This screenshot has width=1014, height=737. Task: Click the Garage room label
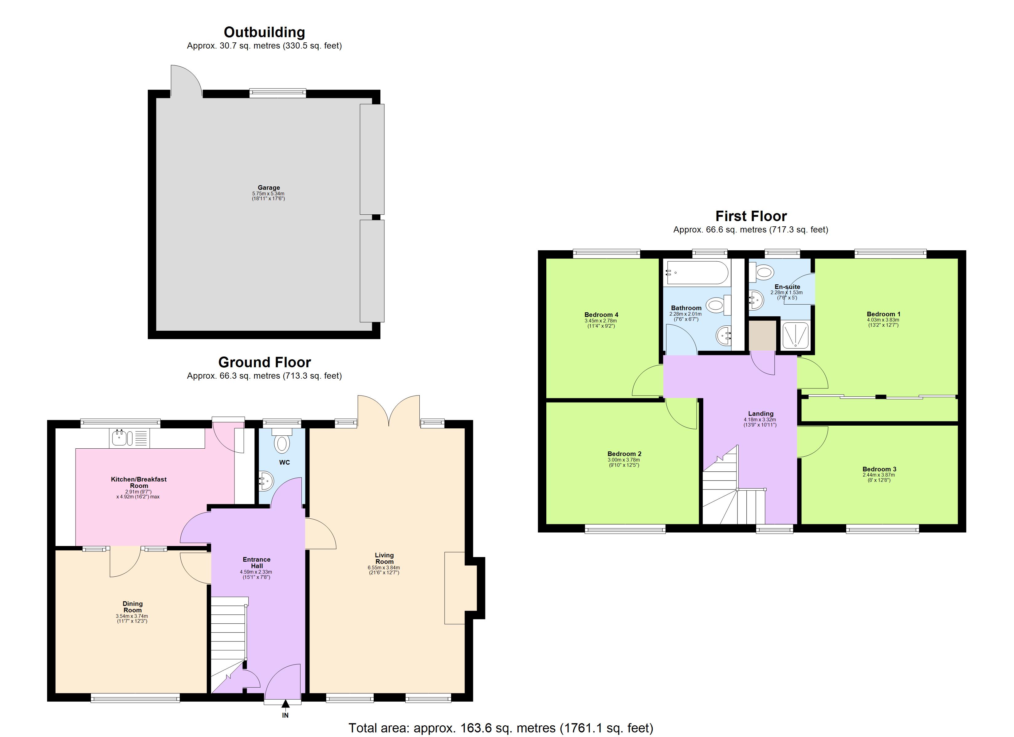[x=268, y=188]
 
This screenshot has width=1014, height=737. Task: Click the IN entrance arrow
[x=285, y=704]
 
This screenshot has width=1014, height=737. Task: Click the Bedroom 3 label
[x=879, y=469]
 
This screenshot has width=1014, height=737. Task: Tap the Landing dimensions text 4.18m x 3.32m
[x=760, y=420]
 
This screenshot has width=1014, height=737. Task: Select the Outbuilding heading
[x=264, y=32]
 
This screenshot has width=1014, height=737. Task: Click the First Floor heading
[x=751, y=216]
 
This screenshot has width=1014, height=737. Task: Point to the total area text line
[x=501, y=728]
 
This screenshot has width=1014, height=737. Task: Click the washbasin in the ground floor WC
[x=266, y=481]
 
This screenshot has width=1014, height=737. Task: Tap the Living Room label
[x=384, y=558]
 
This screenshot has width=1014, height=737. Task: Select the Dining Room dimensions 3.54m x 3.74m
[x=132, y=616]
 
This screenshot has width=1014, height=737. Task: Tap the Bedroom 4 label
[x=601, y=315]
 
